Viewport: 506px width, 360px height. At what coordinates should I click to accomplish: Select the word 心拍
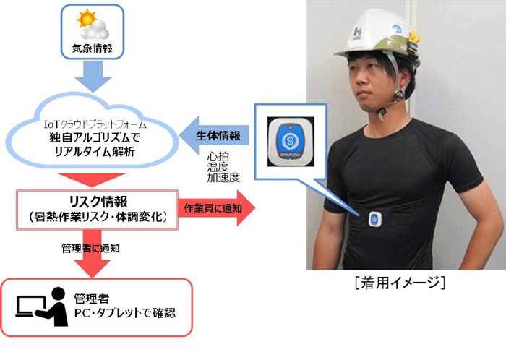click(x=218, y=156)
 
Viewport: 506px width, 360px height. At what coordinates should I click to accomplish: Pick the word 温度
click(x=218, y=167)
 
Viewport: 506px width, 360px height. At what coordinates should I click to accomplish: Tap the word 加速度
click(x=221, y=178)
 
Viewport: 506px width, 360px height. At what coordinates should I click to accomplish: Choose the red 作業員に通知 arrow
click(x=213, y=209)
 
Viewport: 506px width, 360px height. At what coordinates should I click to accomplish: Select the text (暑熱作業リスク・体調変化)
click(x=97, y=216)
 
